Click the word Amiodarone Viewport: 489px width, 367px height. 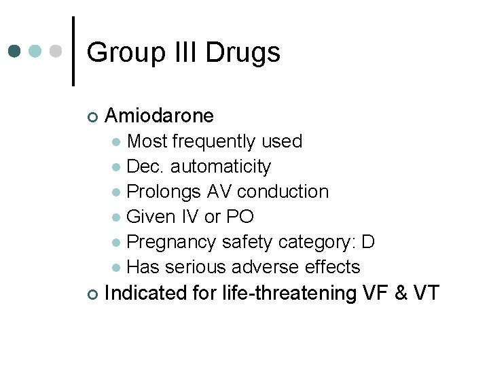click(160, 116)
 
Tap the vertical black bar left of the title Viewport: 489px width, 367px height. click(73, 52)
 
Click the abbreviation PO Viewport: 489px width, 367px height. click(240, 217)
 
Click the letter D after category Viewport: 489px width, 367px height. click(369, 242)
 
